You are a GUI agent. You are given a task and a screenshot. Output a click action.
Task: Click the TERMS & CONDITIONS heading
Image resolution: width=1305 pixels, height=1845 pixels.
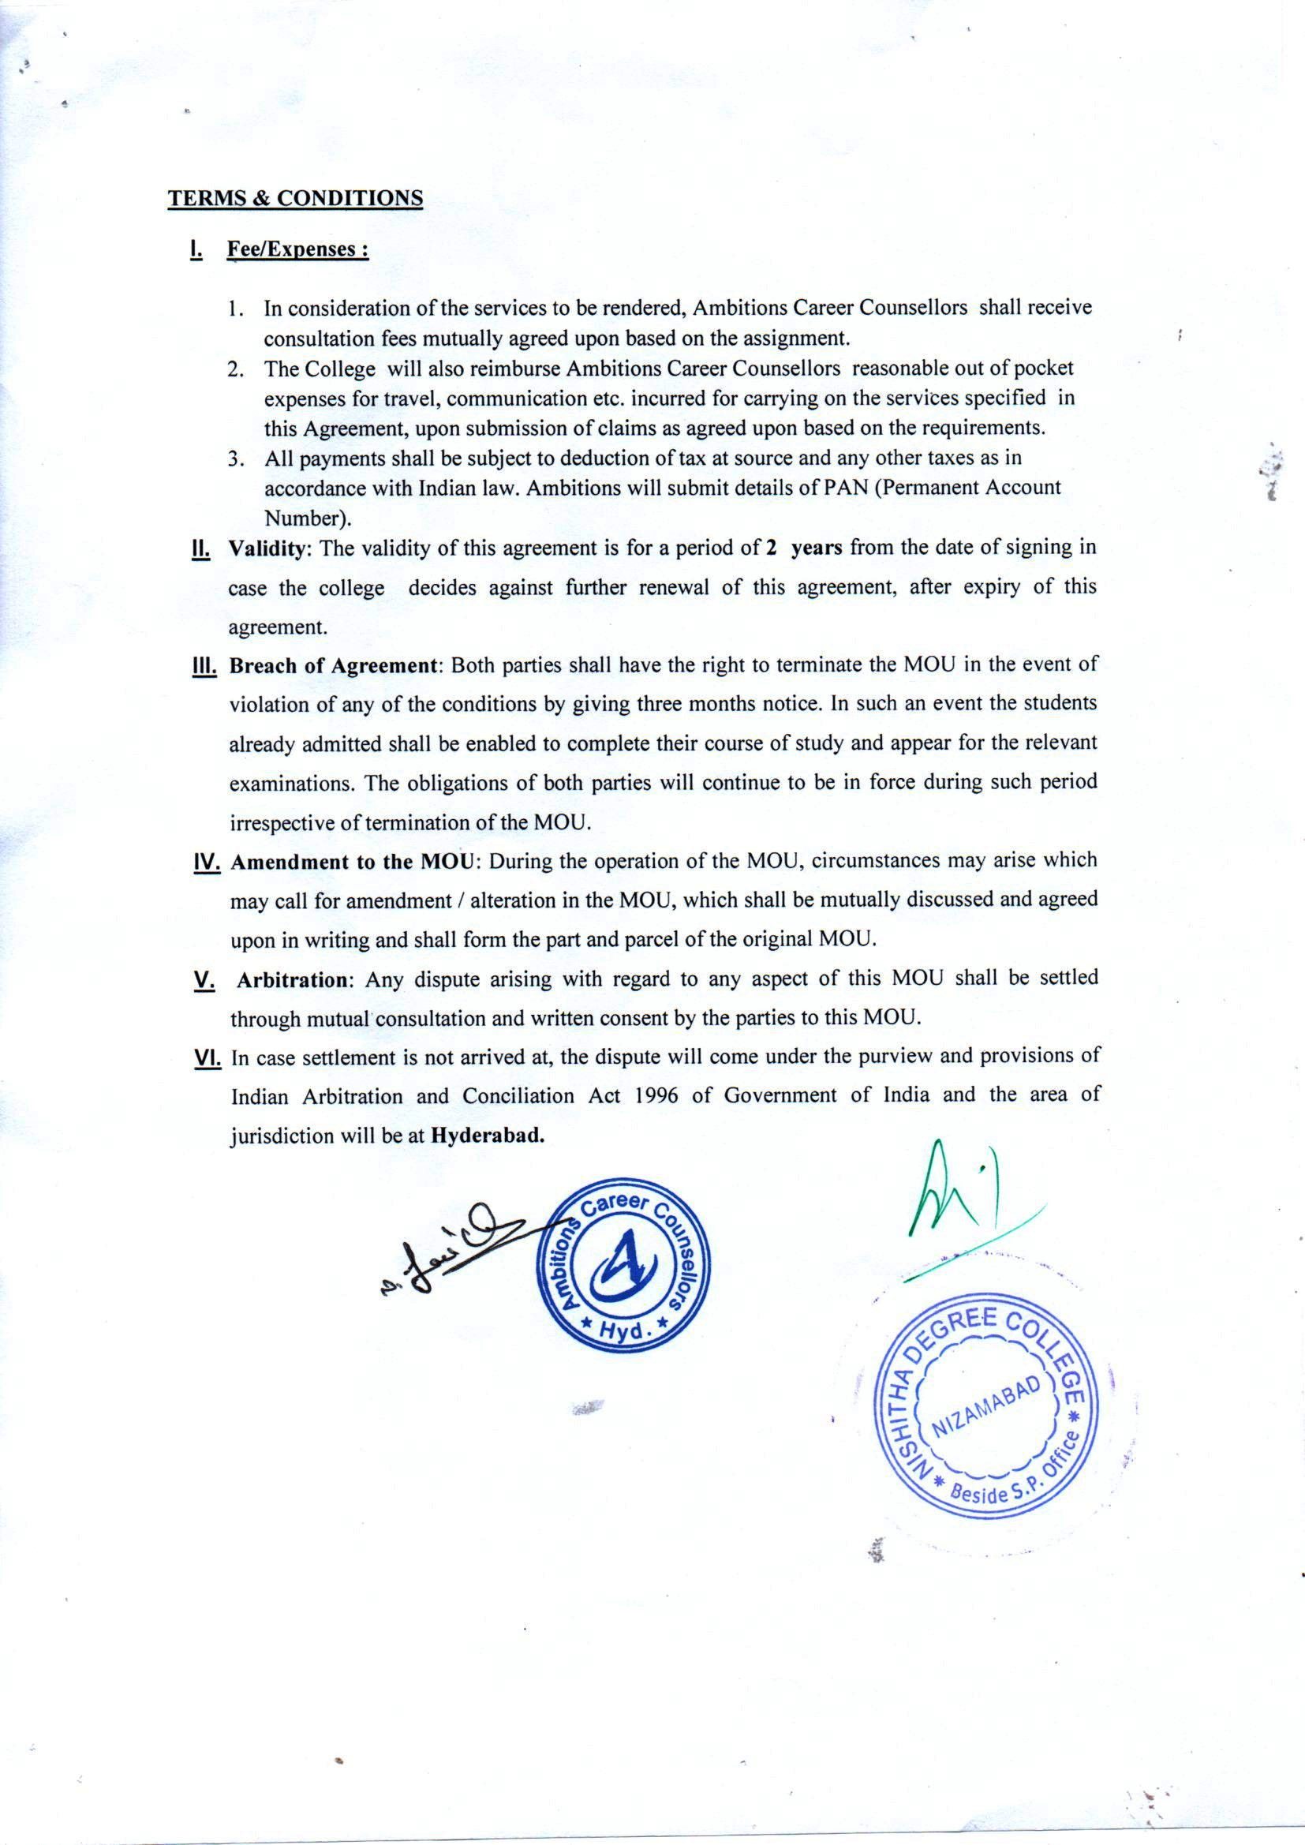click(295, 199)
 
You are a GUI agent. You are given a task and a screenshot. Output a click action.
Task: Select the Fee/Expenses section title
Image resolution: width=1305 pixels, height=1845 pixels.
click(298, 249)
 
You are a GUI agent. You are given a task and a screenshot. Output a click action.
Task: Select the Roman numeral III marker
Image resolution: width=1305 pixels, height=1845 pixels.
click(205, 667)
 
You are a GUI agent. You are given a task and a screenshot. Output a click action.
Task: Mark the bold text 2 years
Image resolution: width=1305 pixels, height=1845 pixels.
click(803, 548)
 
